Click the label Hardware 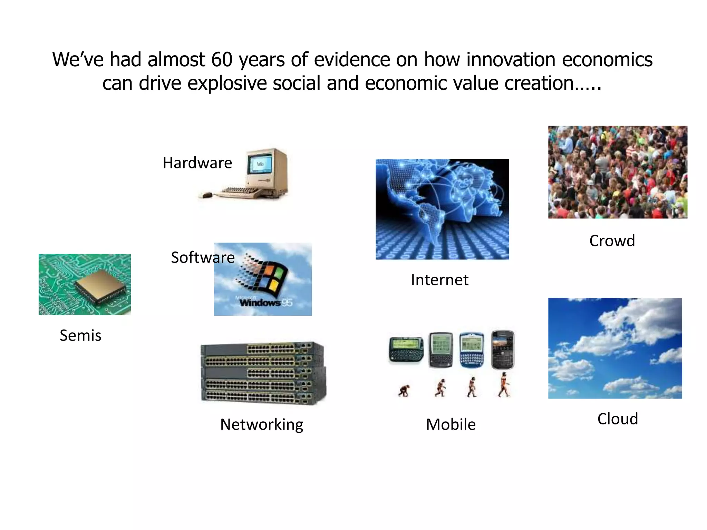click(x=197, y=163)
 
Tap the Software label click(x=203, y=257)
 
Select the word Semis click(x=80, y=335)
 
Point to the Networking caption click(x=262, y=424)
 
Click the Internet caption click(x=439, y=280)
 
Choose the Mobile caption click(x=451, y=424)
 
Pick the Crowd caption click(x=612, y=241)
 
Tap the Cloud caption click(x=617, y=419)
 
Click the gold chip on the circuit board click(x=100, y=284)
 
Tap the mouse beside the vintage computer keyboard click(x=206, y=195)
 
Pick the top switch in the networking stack click(x=262, y=349)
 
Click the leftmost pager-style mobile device click(x=406, y=350)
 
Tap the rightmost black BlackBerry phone click(x=503, y=349)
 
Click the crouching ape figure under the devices click(x=404, y=391)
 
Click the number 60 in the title click(x=222, y=59)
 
